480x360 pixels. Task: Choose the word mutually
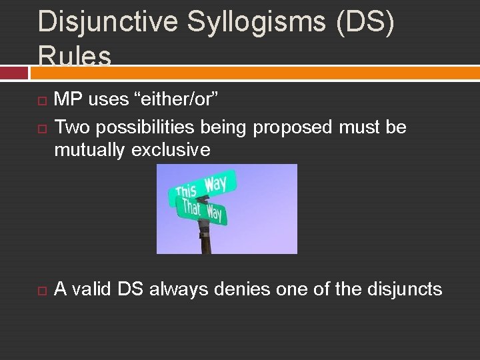pos(90,150)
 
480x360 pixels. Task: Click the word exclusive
pos(171,150)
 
